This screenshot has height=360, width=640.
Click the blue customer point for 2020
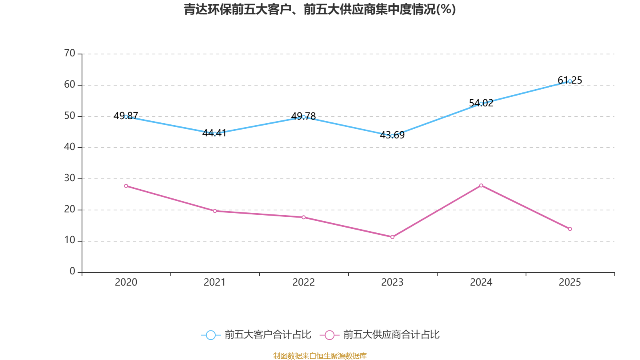126,117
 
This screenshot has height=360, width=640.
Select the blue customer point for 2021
215,134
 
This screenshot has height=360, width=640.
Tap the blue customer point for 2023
392,136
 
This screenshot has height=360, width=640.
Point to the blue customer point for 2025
570,81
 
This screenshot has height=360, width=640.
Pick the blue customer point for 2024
481,104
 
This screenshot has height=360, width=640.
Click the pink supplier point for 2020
126,186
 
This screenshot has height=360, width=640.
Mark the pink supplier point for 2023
392,237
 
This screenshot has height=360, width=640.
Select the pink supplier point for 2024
481,185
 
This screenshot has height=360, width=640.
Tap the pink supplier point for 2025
570,229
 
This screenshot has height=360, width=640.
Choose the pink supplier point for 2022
304,217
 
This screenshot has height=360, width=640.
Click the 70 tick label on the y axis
70,53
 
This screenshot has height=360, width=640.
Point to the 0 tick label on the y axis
72,272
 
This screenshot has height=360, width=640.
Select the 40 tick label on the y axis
70,147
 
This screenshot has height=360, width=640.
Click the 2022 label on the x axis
304,282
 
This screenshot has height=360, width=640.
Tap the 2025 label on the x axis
570,282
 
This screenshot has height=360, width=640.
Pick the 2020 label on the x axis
126,282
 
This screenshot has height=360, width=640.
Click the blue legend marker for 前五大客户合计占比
210,335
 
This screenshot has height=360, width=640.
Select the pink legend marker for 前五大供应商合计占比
329,335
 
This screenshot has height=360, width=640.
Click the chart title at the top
320,9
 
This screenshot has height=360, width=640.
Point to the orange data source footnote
320,356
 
